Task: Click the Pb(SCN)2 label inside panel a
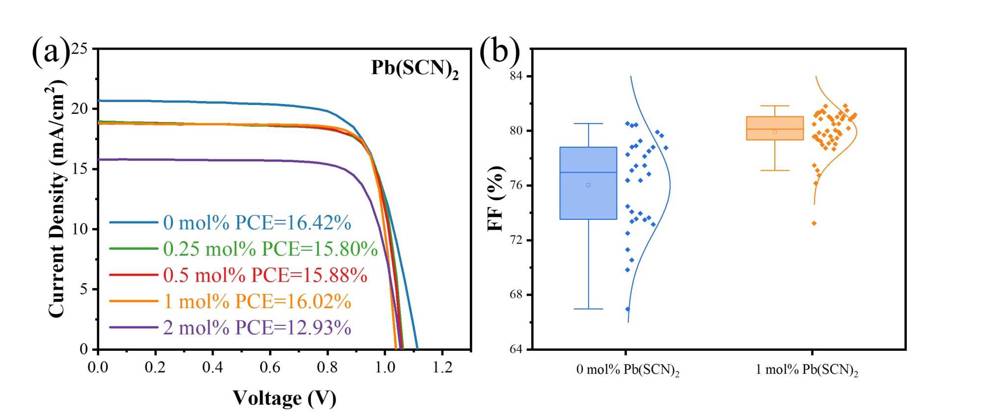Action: point(414,69)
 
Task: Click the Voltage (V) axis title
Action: point(284,398)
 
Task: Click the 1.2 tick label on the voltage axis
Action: point(442,367)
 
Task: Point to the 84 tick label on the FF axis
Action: point(517,76)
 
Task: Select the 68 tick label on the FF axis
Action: point(517,294)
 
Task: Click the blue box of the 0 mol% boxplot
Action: point(588,183)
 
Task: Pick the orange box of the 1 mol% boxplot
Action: point(775,129)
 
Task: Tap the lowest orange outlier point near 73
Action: point(814,223)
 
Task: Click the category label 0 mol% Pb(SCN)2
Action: point(627,370)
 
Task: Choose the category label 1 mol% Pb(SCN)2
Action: point(807,370)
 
